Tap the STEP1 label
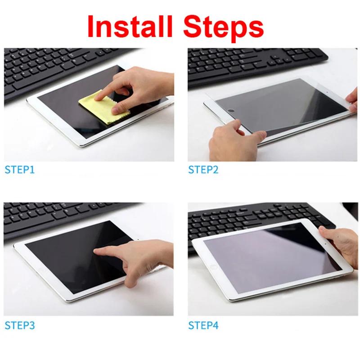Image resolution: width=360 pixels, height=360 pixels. point(19,170)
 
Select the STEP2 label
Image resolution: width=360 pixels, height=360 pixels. point(203,170)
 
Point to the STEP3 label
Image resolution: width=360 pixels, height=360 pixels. point(19,324)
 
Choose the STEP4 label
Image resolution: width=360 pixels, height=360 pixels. point(203,324)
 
